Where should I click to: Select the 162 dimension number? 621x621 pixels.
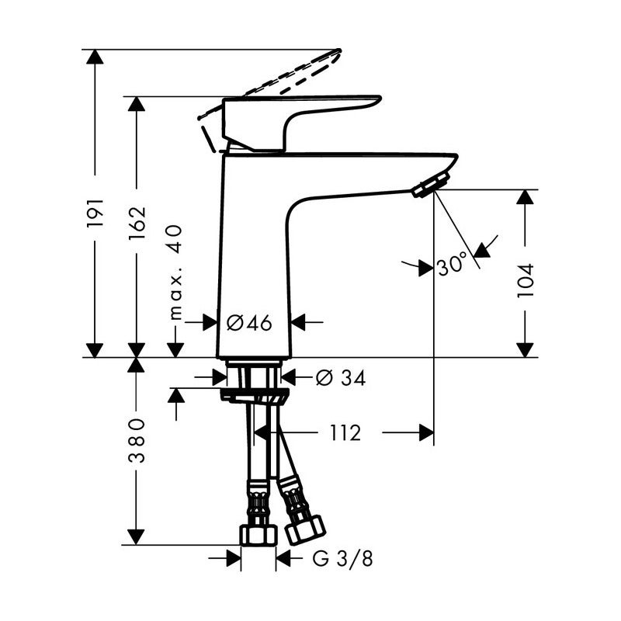tap(137, 222)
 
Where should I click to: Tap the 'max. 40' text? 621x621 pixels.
tap(176, 271)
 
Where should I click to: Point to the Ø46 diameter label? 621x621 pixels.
tap(250, 323)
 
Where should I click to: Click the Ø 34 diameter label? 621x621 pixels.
tap(340, 378)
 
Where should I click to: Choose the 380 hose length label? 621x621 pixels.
tap(137, 439)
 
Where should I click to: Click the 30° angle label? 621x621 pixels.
tap(452, 265)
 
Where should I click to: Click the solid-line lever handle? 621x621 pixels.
tap(303, 113)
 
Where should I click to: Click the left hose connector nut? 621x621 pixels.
tap(258, 534)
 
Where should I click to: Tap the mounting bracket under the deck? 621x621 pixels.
tap(255, 397)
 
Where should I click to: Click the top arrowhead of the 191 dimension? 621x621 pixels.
tap(95, 57)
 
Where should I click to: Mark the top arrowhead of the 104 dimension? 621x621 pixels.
tap(526, 196)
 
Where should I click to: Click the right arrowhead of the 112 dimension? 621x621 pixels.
tap(426, 433)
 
